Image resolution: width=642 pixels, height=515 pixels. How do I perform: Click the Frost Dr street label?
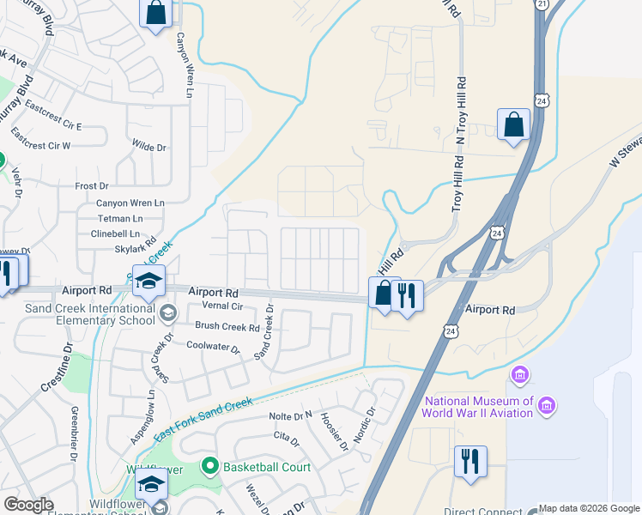click(x=92, y=185)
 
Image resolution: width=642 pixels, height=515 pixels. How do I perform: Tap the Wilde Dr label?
click(x=148, y=148)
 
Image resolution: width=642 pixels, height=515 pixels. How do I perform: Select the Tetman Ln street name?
click(x=118, y=218)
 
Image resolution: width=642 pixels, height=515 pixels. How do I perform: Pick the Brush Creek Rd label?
click(x=227, y=327)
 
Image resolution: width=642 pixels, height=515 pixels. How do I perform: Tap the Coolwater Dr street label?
click(x=213, y=346)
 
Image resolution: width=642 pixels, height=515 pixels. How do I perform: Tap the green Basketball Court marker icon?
click(x=208, y=467)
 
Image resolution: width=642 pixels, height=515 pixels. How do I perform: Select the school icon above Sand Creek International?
click(x=148, y=282)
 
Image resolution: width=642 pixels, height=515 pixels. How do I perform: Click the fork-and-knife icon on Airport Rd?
click(x=407, y=294)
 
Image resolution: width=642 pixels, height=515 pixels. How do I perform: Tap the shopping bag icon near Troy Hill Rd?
click(x=512, y=124)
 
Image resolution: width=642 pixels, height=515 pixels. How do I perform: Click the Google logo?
click(x=29, y=505)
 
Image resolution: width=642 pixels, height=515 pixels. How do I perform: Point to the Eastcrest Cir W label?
click(x=41, y=145)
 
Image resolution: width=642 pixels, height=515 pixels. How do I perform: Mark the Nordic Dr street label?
click(x=364, y=422)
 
